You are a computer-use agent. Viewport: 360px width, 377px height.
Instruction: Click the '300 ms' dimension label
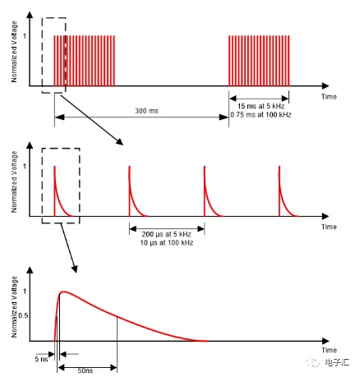pos(146,111)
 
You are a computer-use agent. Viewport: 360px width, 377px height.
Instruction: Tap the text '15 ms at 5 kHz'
pos(261,106)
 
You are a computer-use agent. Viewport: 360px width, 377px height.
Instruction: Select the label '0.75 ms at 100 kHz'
pos(261,115)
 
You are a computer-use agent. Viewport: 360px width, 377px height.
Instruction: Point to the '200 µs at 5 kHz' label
pos(166,234)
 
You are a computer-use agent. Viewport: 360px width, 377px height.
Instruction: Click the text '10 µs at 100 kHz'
pos(167,243)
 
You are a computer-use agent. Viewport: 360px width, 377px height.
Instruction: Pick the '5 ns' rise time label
pos(41,359)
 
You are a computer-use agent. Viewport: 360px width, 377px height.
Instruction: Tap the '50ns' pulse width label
pos(85,370)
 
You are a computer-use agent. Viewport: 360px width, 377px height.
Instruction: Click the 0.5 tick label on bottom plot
pos(23,315)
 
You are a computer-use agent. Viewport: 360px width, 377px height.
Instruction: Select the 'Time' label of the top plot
pos(329,97)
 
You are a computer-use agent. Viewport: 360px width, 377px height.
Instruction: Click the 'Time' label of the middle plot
pos(329,227)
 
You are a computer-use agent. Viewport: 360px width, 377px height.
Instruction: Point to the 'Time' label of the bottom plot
pos(329,350)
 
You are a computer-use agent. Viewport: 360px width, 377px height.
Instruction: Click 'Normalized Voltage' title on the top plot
pos(14,52)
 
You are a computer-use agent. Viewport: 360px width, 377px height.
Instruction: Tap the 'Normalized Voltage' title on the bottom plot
pos(14,306)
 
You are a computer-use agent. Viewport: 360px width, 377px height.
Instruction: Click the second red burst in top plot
pos(259,61)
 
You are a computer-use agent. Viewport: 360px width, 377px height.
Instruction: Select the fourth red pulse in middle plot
pos(288,191)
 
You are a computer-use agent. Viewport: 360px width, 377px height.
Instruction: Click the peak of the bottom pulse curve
pos(63,292)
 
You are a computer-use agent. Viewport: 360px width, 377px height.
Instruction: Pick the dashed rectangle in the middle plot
pos(80,186)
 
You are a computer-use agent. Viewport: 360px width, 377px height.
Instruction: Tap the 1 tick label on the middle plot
pos(25,166)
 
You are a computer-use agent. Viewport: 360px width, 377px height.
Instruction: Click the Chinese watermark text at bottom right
pos(337,362)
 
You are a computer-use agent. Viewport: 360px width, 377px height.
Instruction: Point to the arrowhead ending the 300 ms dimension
pos(224,117)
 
